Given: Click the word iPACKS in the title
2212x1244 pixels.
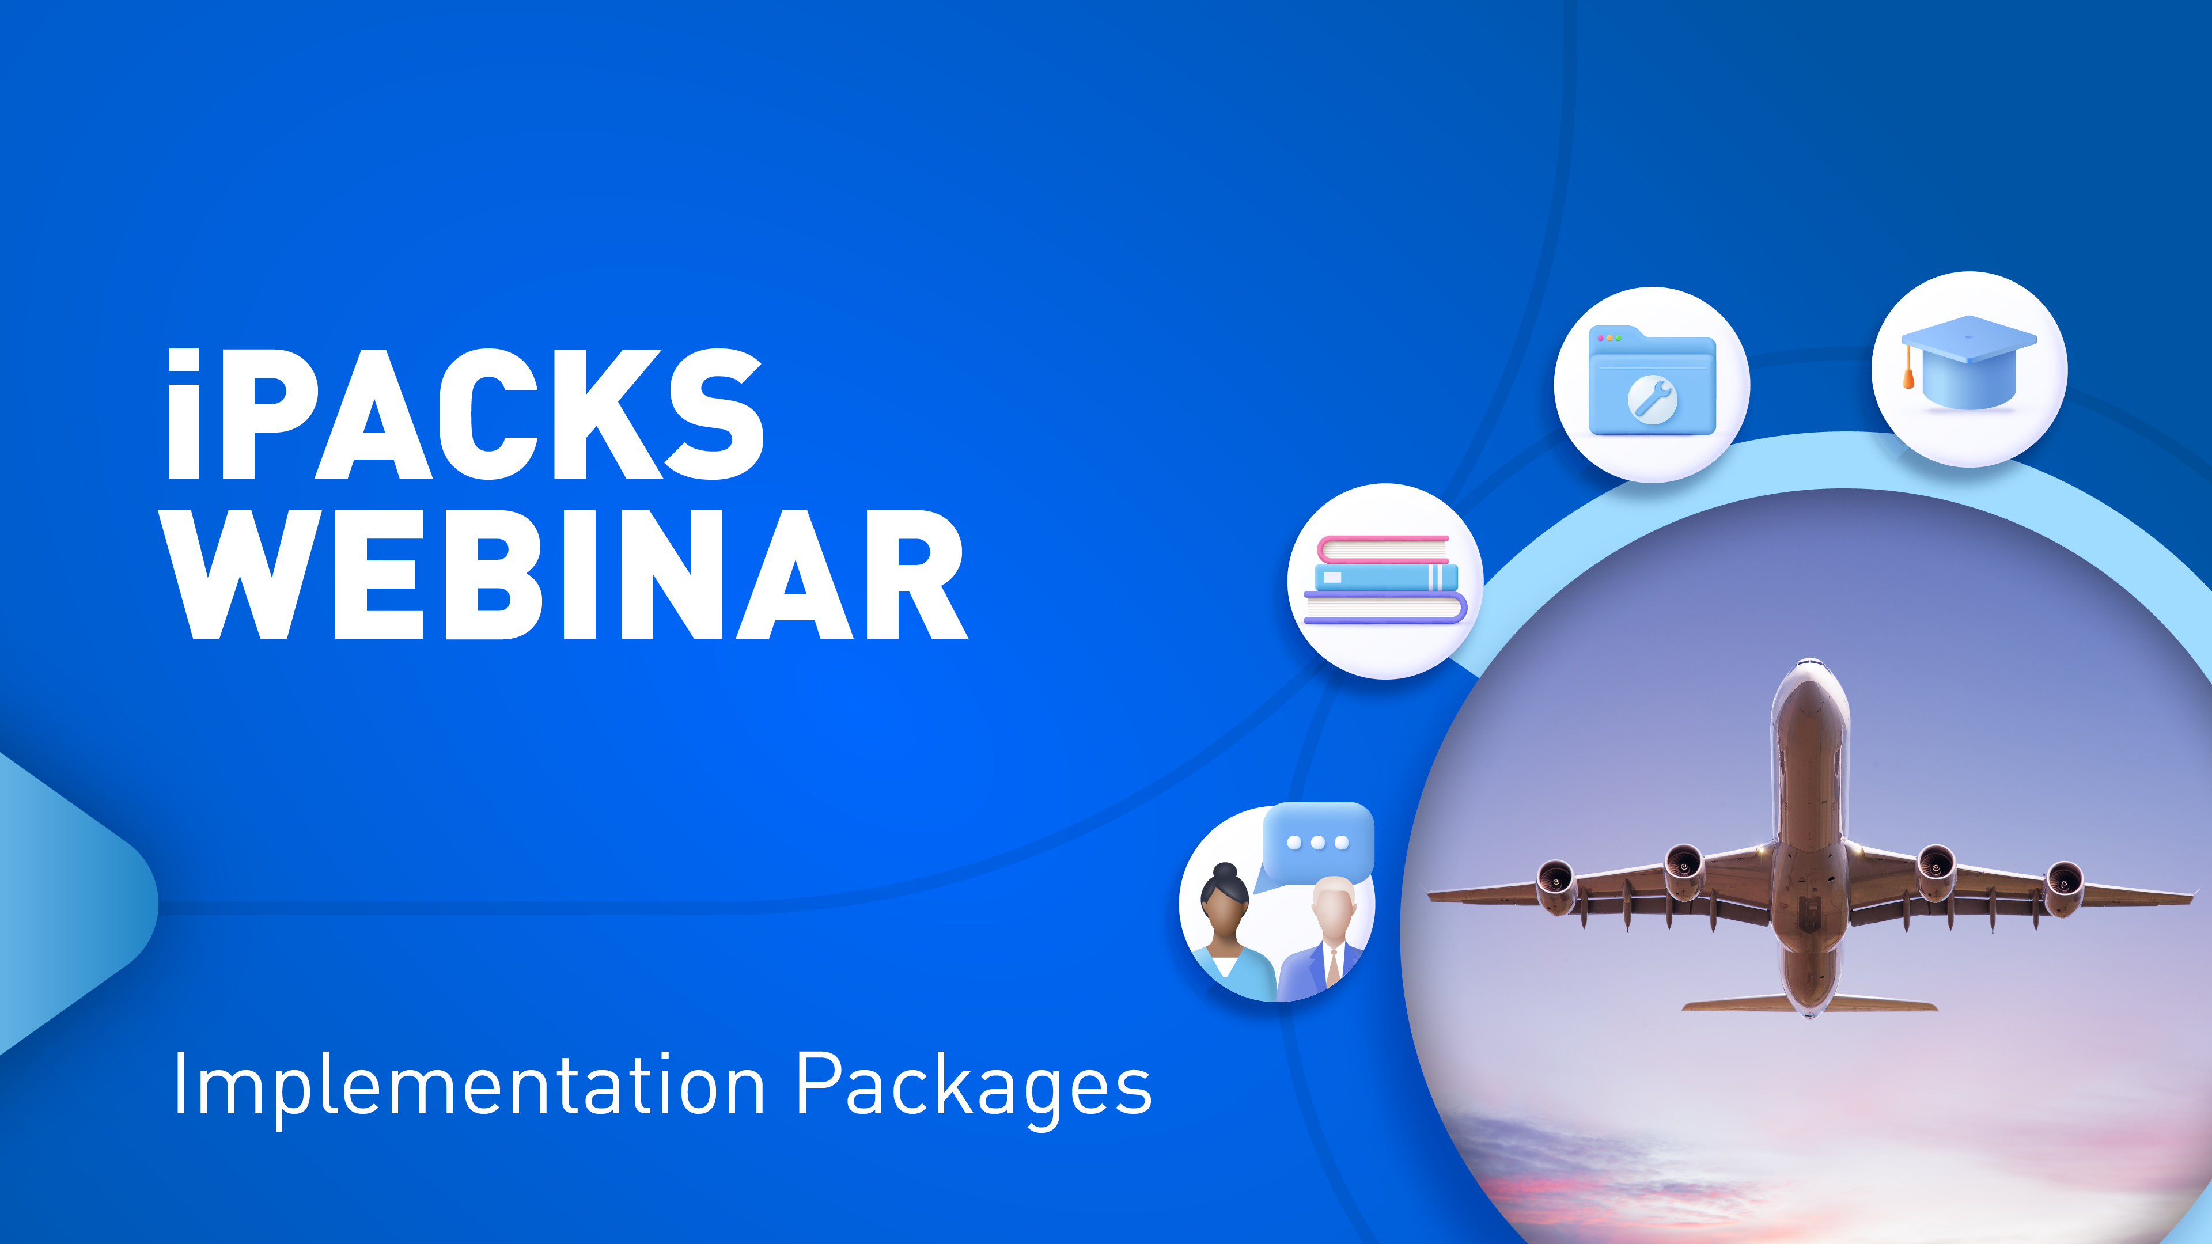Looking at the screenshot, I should click(x=464, y=415).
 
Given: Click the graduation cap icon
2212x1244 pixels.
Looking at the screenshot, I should click(x=1968, y=365).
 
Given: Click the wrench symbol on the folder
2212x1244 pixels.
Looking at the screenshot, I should click(x=1652, y=399).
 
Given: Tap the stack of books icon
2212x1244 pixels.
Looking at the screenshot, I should click(x=1384, y=581).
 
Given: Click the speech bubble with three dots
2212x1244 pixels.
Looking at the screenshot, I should click(x=1318, y=842).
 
